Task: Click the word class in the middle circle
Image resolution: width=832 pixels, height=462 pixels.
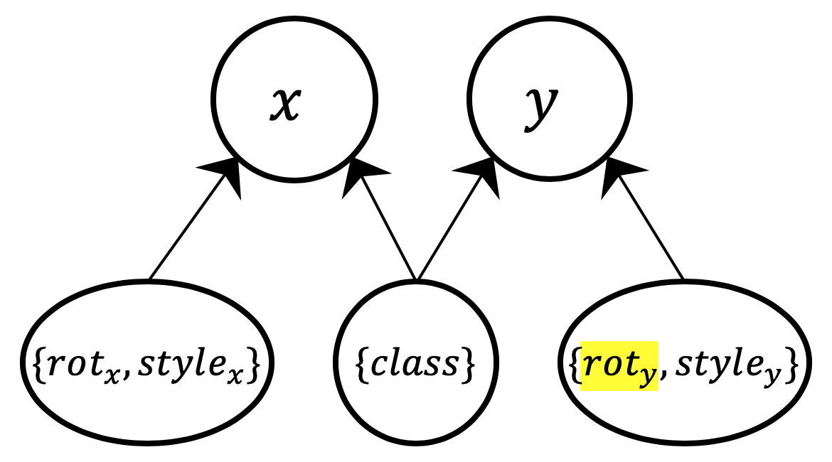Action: tap(417, 364)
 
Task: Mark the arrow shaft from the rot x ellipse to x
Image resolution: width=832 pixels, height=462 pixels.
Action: tap(186, 227)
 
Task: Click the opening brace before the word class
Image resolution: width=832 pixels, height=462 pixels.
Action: tap(359, 364)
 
